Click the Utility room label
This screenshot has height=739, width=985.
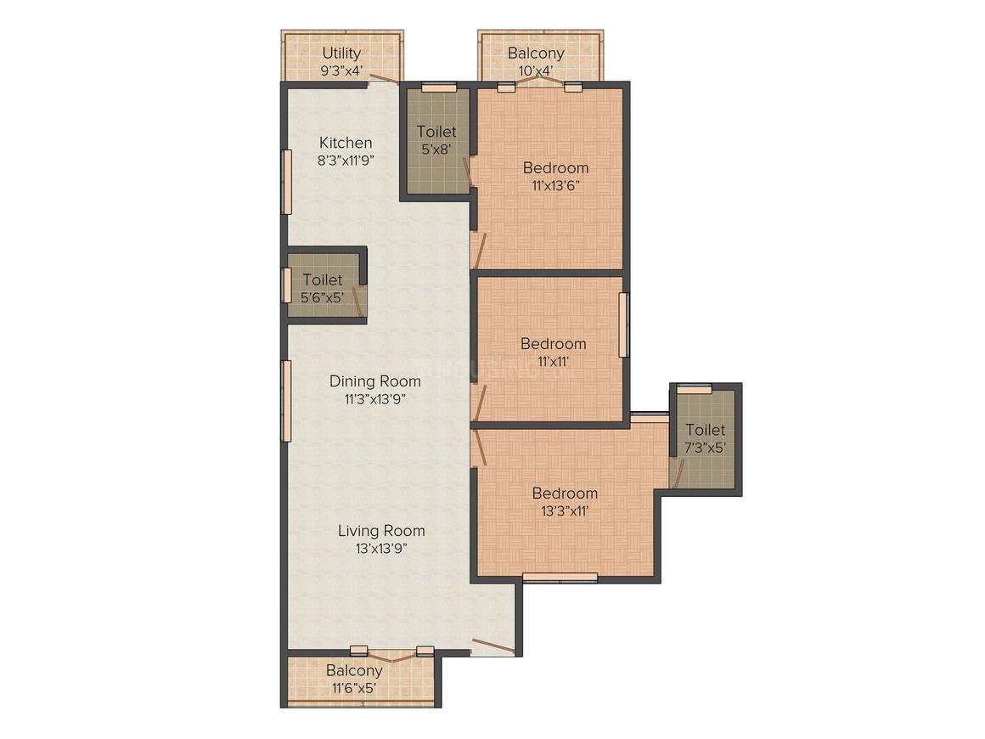[x=341, y=53]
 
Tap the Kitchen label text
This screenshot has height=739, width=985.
[x=346, y=143]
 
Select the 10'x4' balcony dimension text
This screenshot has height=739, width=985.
[x=536, y=71]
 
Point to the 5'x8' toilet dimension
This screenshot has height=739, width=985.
[x=436, y=149]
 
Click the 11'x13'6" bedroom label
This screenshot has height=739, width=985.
[x=555, y=168]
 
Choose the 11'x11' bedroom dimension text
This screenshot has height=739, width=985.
[x=554, y=361]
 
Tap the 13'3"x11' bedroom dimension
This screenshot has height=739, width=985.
[x=565, y=511]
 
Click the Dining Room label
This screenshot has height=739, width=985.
[x=375, y=381]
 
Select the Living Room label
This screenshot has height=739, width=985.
[x=381, y=530]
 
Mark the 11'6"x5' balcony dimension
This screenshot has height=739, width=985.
[x=354, y=688]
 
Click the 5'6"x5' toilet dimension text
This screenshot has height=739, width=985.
[x=323, y=297]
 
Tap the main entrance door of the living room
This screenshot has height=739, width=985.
[x=493, y=646]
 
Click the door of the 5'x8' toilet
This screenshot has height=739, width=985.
[x=468, y=172]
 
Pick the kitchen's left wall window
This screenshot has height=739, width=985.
[x=286, y=182]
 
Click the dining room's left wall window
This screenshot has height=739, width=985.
[x=286, y=400]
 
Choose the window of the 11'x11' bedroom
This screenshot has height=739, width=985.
[x=624, y=324]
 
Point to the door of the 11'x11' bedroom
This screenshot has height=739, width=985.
[x=479, y=403]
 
